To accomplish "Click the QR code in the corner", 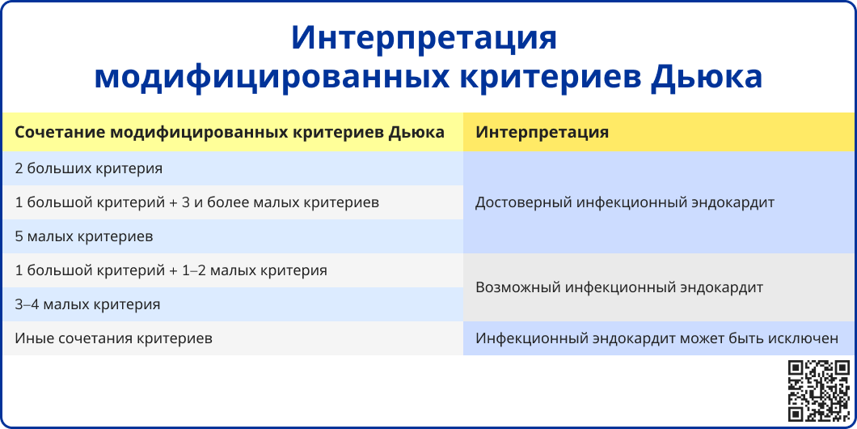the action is click(x=819, y=391).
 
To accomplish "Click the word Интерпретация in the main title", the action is click(x=424, y=38).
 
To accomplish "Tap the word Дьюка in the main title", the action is click(x=707, y=76).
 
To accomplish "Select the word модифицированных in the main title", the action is click(x=272, y=77).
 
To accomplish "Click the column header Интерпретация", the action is click(x=542, y=133).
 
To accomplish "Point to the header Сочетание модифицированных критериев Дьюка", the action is click(x=230, y=133).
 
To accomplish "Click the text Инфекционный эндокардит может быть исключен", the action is click(x=656, y=338).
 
